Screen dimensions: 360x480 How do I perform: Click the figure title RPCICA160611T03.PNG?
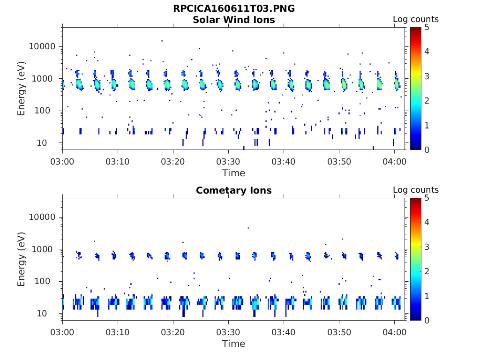[x=234, y=9]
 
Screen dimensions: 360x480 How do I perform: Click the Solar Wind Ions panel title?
[x=234, y=20]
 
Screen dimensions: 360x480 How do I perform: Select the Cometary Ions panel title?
[x=234, y=190]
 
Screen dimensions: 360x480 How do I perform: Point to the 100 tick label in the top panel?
[x=47, y=111]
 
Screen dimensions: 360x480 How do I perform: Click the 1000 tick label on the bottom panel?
[x=45, y=249]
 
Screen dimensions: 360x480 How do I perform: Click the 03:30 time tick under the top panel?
[x=228, y=161]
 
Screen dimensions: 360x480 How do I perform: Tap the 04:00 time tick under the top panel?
[x=394, y=161]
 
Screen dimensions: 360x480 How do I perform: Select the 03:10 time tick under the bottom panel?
[x=118, y=332]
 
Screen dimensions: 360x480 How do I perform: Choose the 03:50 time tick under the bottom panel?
[x=339, y=332]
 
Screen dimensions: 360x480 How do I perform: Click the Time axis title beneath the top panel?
[x=234, y=173]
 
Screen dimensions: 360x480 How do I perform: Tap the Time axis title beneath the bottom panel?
[x=234, y=344]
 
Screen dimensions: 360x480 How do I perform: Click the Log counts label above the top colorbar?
[x=416, y=19]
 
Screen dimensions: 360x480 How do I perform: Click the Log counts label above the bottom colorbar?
[x=416, y=190]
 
